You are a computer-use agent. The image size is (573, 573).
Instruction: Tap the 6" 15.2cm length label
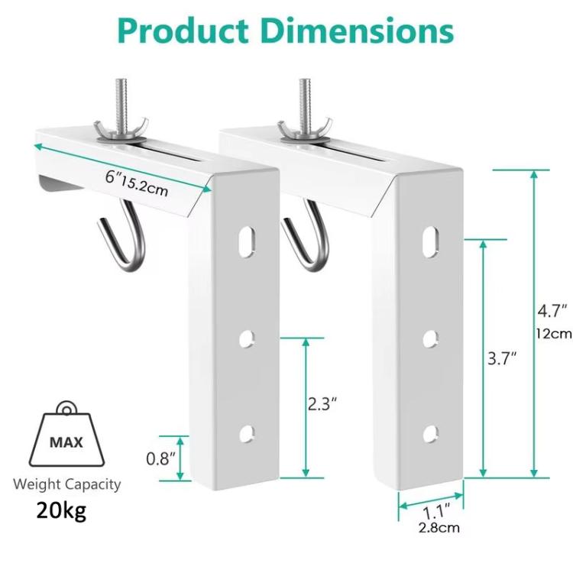coord(137,183)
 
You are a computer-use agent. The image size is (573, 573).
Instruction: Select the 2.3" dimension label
coord(322,404)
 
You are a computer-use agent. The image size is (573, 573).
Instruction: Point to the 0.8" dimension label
coord(161,458)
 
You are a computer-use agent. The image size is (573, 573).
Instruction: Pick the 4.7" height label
coord(552,310)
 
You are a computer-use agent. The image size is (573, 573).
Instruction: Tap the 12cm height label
coord(553,333)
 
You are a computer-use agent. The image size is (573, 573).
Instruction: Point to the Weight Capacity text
coord(66,484)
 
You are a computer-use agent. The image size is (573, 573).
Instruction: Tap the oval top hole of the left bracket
coord(246,238)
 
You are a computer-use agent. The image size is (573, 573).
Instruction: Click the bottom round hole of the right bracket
coord(429,432)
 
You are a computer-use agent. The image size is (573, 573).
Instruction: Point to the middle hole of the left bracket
coord(246,337)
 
